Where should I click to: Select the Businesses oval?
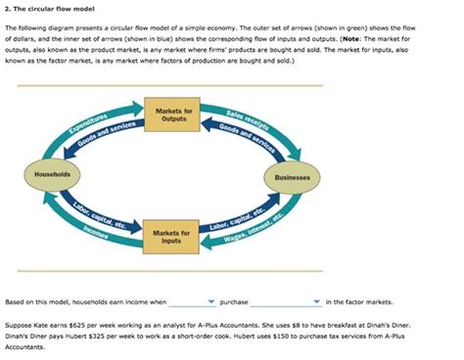(291, 178)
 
